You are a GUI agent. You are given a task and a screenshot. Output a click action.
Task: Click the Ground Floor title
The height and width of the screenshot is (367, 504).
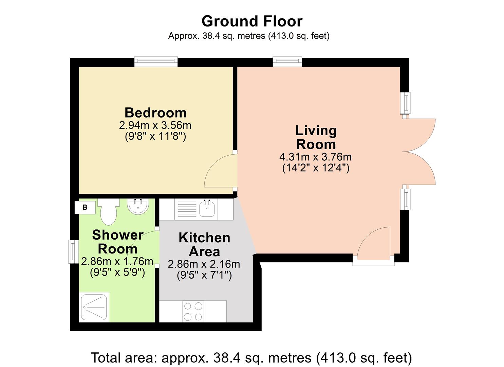click(252, 21)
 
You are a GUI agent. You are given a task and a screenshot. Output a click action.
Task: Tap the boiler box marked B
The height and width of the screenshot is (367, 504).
click(85, 207)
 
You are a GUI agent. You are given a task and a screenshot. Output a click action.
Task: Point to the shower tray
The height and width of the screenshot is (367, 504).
click(94, 307)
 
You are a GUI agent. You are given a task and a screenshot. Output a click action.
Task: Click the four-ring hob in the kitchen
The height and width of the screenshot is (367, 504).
click(193, 312)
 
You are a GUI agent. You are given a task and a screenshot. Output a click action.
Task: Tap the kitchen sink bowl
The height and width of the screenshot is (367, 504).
click(207, 208)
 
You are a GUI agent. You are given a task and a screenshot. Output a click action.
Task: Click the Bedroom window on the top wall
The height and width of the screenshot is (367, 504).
click(156, 62)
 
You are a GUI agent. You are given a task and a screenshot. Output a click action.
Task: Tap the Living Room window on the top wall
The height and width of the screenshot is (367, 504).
click(287, 62)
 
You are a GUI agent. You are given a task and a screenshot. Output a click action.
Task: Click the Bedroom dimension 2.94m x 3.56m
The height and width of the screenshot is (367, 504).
click(155, 125)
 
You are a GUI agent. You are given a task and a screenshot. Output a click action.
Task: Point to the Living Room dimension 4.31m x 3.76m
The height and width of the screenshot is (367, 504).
click(315, 157)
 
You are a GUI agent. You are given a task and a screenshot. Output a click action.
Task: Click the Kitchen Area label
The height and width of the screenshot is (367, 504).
click(204, 245)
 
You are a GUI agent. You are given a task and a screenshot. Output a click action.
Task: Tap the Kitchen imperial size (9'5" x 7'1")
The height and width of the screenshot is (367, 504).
click(204, 275)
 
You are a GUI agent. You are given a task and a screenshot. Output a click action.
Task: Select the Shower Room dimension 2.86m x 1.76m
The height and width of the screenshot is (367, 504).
click(117, 261)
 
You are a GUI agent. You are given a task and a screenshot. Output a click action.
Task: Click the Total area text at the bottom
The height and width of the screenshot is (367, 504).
click(251, 358)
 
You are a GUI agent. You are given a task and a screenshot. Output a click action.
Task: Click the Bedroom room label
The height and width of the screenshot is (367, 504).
click(155, 112)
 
